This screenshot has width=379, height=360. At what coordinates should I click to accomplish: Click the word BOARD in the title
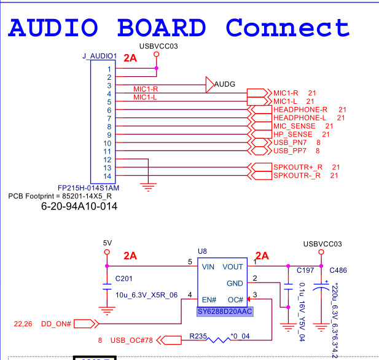161,28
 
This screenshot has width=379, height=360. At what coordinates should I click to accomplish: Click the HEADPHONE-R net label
300,109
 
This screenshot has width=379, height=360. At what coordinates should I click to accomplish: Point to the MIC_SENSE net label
294,126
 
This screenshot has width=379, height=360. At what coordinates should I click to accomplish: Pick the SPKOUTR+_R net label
297,167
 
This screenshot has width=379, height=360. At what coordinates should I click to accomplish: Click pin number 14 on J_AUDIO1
108,176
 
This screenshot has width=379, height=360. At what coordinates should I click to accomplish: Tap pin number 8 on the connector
109,126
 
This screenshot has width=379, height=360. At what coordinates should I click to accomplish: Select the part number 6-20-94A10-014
79,207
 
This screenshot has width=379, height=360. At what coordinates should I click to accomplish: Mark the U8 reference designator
202,252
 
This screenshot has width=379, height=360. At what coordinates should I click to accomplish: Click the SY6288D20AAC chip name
225,312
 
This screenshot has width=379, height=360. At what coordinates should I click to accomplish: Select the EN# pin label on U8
209,300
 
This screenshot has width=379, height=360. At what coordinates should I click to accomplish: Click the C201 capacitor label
124,280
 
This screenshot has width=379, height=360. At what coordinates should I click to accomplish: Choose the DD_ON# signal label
57,323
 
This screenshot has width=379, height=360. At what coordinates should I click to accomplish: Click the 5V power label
107,243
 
